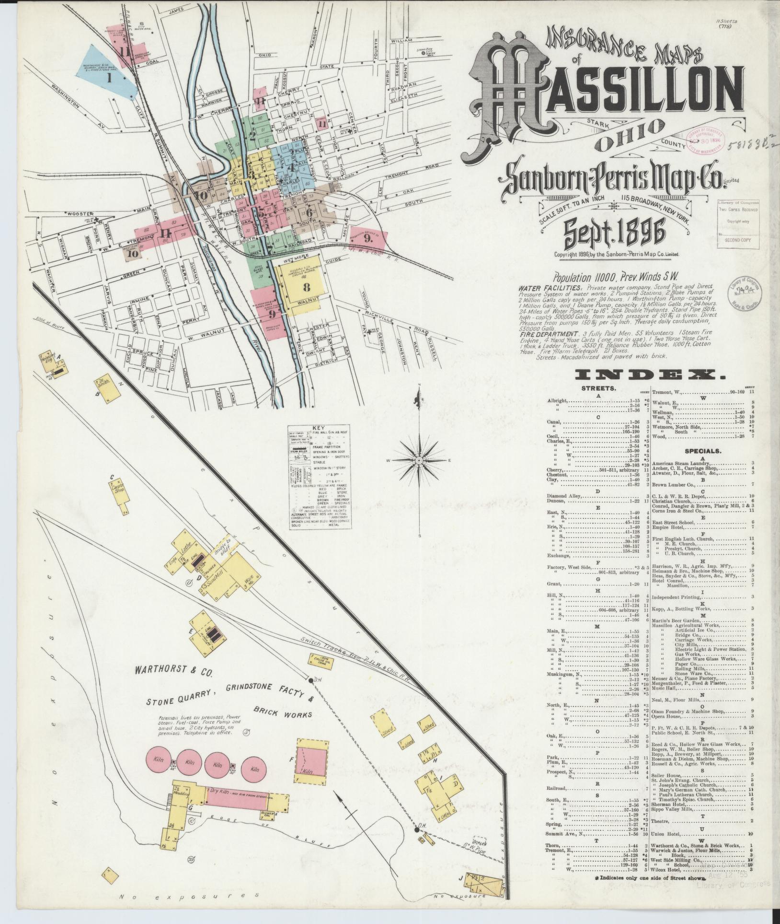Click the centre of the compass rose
pyautogui.click(x=419, y=461)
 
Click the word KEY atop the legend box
pyautogui.click(x=318, y=430)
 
